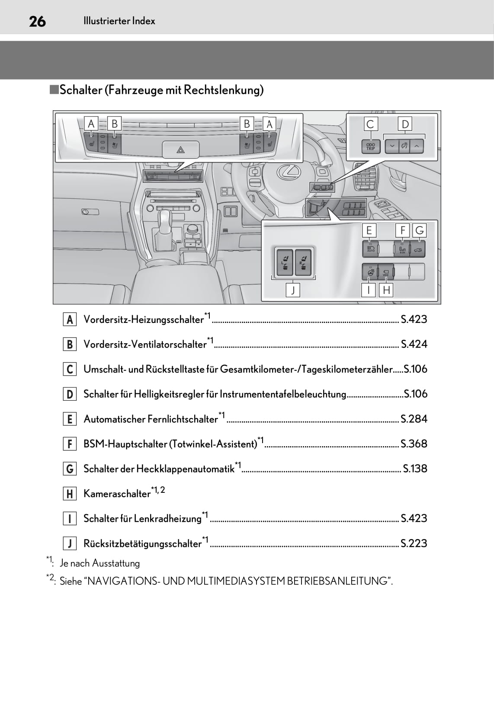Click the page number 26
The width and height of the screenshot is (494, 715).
(37, 21)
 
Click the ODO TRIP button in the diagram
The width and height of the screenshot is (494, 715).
(371, 147)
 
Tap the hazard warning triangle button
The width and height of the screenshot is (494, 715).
(180, 150)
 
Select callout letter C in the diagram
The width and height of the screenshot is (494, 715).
(370, 124)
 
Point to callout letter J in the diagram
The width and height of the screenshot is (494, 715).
(293, 290)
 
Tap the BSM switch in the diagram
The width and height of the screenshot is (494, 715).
(402, 249)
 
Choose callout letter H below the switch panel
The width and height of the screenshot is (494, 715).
(386, 290)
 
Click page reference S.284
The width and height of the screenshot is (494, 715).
(414, 419)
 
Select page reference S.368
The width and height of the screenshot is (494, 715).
(414, 444)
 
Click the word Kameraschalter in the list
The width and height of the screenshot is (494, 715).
(117, 494)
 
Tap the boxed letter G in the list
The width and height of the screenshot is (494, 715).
(70, 469)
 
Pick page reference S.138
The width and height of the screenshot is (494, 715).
(414, 469)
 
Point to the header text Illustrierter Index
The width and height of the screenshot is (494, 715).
(119, 21)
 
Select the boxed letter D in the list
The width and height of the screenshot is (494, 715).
(70, 394)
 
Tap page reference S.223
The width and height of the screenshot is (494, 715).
(414, 543)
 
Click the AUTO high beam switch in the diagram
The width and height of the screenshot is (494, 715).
(371, 249)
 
